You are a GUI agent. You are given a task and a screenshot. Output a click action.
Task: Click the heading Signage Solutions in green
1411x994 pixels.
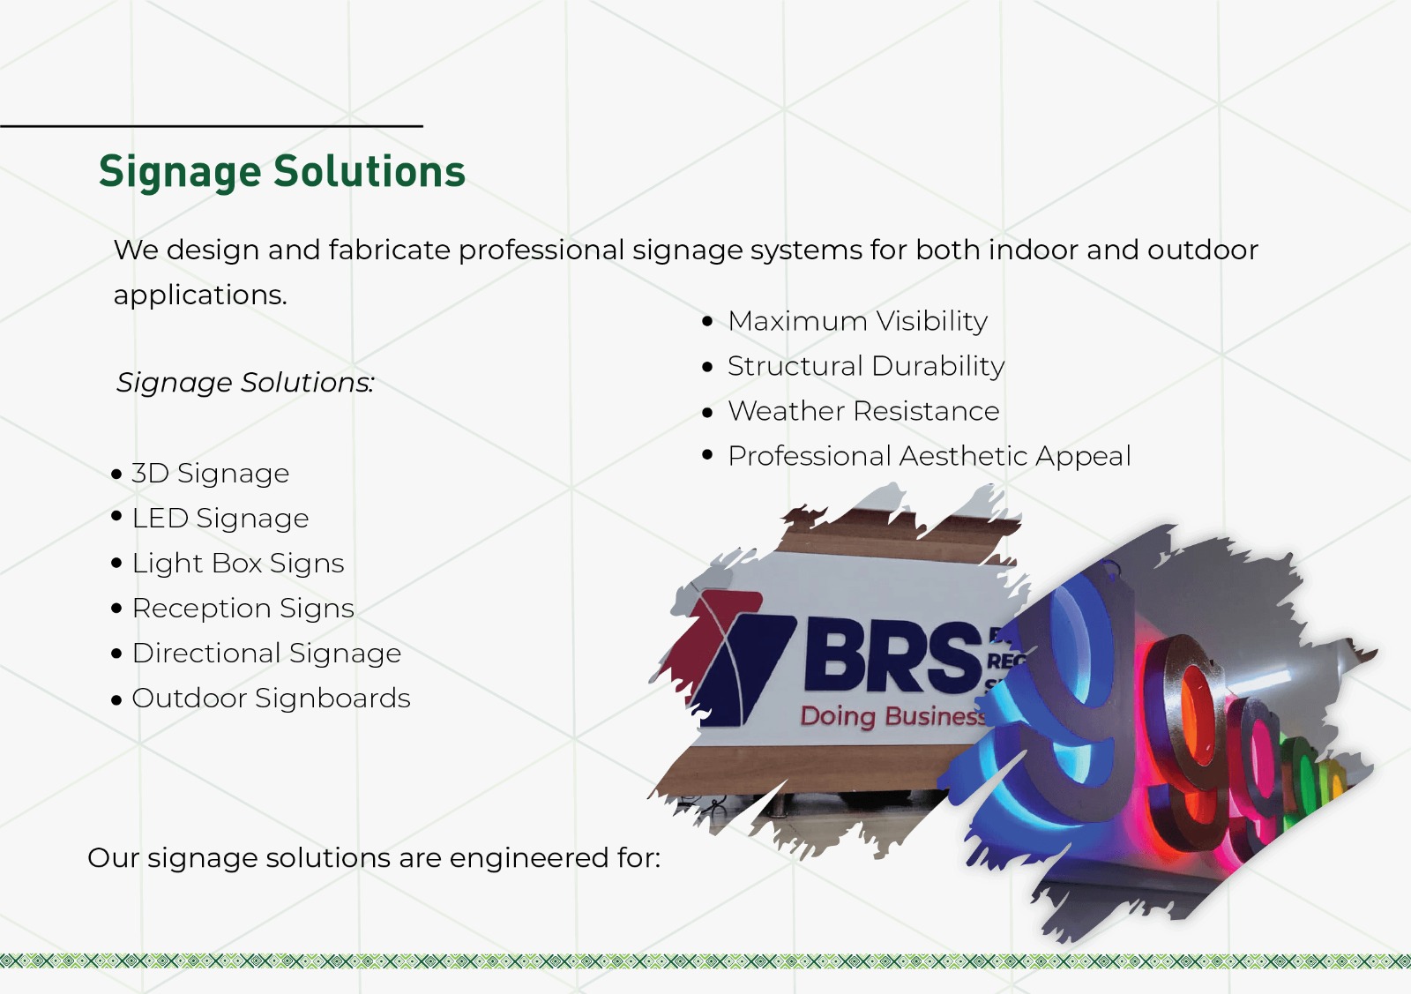[281, 172]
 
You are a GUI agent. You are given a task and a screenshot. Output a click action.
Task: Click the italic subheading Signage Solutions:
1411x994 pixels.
[245, 383]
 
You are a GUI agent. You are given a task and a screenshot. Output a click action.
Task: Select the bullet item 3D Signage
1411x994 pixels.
[210, 474]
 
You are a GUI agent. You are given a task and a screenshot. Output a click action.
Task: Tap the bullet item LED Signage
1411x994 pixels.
[220, 519]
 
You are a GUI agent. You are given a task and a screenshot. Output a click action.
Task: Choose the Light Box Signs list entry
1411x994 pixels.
[238, 564]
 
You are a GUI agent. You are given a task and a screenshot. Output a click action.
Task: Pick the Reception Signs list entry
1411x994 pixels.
[243, 609]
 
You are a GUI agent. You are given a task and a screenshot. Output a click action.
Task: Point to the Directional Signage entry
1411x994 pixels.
[266, 654]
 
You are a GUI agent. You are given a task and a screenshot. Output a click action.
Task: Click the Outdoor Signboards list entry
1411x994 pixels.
[271, 699]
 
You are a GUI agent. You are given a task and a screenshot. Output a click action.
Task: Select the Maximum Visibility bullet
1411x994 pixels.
[857, 322]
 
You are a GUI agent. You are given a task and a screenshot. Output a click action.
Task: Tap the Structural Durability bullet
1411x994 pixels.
[865, 367]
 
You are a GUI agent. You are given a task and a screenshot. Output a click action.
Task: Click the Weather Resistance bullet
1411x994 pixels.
[863, 412]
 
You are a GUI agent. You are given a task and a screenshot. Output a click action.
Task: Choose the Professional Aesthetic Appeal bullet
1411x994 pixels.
[929, 457]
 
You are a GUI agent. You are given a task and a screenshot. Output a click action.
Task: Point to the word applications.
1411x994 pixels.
[200, 295]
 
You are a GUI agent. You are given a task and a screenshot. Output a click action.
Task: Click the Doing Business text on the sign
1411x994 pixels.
[891, 716]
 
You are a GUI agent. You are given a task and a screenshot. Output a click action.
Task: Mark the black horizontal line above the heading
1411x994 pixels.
[212, 126]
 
